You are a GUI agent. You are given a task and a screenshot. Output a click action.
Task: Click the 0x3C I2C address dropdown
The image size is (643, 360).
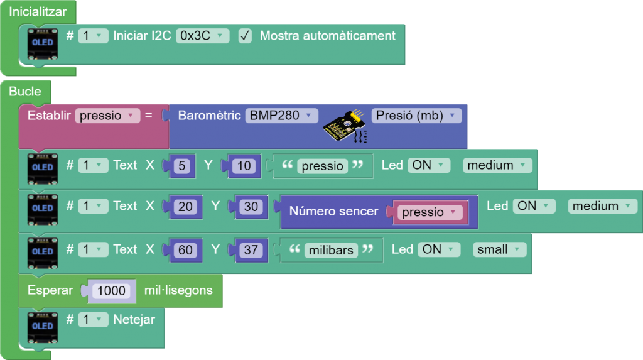click(202, 36)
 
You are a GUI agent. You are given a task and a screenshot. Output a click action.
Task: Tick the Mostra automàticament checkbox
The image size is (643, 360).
click(245, 36)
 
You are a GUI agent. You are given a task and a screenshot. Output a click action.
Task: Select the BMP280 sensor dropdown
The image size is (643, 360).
click(281, 116)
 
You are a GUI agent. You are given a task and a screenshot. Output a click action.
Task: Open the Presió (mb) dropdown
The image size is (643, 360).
click(416, 116)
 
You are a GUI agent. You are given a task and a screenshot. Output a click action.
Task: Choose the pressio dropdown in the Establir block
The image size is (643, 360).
click(107, 116)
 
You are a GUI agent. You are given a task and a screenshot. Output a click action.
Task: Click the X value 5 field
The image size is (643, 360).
click(183, 166)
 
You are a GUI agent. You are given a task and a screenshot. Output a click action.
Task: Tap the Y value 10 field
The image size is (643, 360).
click(244, 166)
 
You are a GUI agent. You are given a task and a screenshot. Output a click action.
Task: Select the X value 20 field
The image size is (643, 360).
click(185, 206)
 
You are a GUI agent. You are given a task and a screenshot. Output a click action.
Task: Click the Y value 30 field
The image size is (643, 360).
click(251, 206)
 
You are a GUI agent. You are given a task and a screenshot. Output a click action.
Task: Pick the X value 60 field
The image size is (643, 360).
click(185, 250)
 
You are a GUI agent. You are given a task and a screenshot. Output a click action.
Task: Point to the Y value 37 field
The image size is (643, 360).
click(251, 250)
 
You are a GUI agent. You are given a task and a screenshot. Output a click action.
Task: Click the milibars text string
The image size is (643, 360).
click(331, 250)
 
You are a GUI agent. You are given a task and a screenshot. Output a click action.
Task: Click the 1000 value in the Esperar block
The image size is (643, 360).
click(111, 291)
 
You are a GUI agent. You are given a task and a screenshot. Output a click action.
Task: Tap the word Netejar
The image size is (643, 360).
click(134, 319)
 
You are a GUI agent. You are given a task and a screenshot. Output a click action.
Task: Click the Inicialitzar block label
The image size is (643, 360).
click(38, 11)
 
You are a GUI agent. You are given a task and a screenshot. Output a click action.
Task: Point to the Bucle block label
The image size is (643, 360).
click(25, 91)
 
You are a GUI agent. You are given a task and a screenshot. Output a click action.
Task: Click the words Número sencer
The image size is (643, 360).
click(333, 212)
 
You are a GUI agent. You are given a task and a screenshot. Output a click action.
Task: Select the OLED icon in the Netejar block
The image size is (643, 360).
click(43, 325)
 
